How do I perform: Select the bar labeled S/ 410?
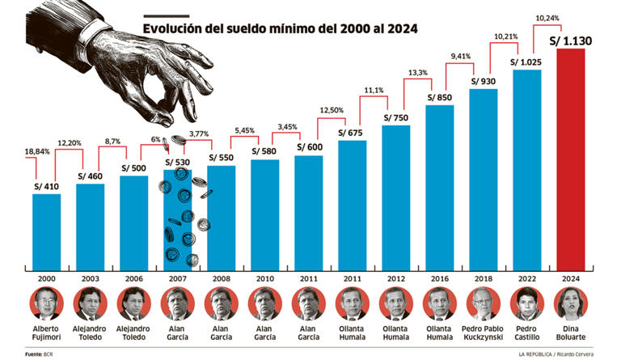[x=46, y=231]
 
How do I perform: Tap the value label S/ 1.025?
[x=526, y=61]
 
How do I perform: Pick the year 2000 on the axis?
[x=46, y=277]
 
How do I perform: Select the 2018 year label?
[x=483, y=277]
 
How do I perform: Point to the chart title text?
[x=280, y=28]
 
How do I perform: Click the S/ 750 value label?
[x=396, y=116]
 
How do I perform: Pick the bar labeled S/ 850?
[x=439, y=186]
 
